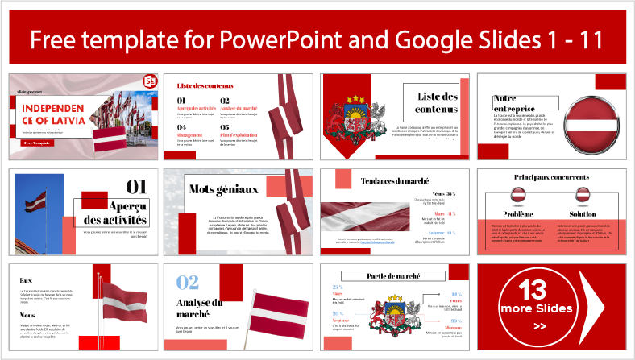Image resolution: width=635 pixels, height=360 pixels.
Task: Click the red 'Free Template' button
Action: (39, 143)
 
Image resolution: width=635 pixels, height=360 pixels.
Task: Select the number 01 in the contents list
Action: (183, 101)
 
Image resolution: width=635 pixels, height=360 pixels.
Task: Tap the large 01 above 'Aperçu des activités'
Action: (137, 187)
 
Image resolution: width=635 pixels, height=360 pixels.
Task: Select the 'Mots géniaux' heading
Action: (213, 189)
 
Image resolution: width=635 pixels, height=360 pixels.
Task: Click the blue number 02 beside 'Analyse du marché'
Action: (188, 282)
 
